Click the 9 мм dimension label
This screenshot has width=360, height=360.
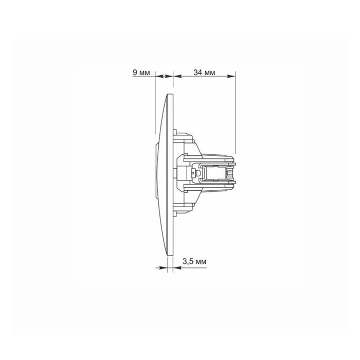click(x=141, y=73)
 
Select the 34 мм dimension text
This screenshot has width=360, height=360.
click(x=204, y=73)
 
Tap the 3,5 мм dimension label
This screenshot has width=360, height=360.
click(x=194, y=261)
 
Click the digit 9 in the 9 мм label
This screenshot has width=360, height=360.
click(x=135, y=73)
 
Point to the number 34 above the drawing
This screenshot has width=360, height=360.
click(x=197, y=73)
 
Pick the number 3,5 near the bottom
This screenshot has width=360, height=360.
click(x=188, y=261)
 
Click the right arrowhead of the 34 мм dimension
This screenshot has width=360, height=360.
click(x=231, y=76)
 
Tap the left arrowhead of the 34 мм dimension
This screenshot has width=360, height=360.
click(x=177, y=76)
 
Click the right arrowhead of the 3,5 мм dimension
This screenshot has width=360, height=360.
click(x=177, y=268)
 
